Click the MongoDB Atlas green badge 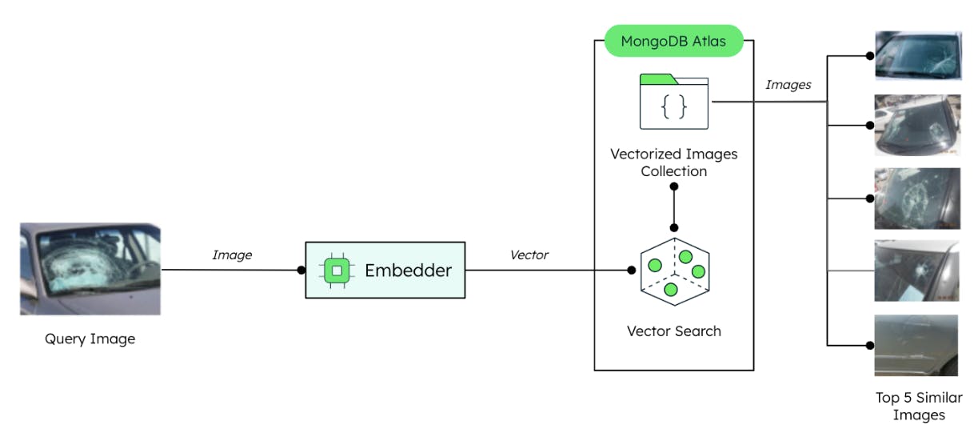pyautogui.click(x=673, y=41)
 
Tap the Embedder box pyautogui.click(x=385, y=271)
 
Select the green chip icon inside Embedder pyautogui.click(x=337, y=271)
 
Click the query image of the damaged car pyautogui.click(x=90, y=269)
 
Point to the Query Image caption pyautogui.click(x=90, y=339)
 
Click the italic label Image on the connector pyautogui.click(x=232, y=255)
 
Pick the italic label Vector pyautogui.click(x=529, y=255)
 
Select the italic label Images pyautogui.click(x=788, y=84)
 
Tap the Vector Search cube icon pyautogui.click(x=674, y=271)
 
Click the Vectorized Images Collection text pyautogui.click(x=674, y=162)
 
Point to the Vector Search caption pyautogui.click(x=674, y=331)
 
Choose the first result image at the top pyautogui.click(x=917, y=55)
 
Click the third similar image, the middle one pyautogui.click(x=917, y=198)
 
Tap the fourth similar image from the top pyautogui.click(x=917, y=271)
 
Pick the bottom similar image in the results pyautogui.click(x=917, y=345)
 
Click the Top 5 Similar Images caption pyautogui.click(x=919, y=406)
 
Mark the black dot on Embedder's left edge pyautogui.click(x=301, y=271)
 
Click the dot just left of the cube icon pyautogui.click(x=631, y=271)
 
